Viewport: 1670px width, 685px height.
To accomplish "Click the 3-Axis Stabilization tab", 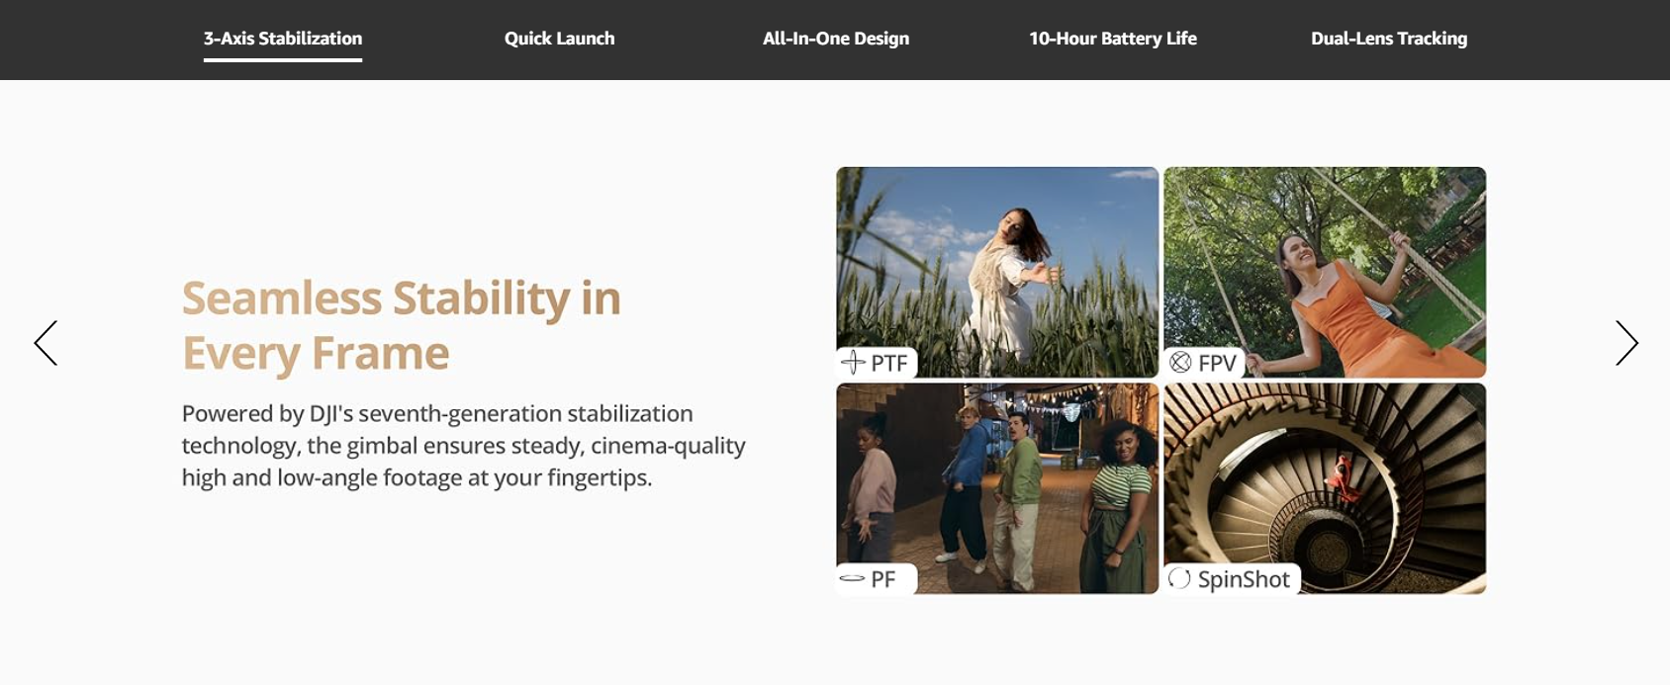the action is pyautogui.click(x=283, y=39).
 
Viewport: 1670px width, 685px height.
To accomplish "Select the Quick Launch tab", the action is pyautogui.click(x=559, y=39).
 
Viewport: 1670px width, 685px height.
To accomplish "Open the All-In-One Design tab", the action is pyautogui.click(x=836, y=39).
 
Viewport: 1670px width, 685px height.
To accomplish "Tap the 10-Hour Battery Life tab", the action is pyautogui.click(x=1112, y=39).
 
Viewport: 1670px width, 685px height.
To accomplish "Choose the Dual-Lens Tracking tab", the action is pyautogui.click(x=1389, y=39).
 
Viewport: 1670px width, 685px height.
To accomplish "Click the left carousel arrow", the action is pyautogui.click(x=46, y=343).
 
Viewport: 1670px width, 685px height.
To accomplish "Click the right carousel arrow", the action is pyautogui.click(x=1626, y=343).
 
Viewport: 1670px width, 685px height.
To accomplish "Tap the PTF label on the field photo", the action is pyautogui.click(x=876, y=363).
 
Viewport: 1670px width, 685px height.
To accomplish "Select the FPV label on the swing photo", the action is pyautogui.click(x=1203, y=363).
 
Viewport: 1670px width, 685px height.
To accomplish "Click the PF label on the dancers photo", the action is pyautogui.click(x=876, y=578).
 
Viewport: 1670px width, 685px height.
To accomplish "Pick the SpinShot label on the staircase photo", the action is pyautogui.click(x=1231, y=578).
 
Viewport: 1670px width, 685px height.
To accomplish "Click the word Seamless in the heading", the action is pyautogui.click(x=282, y=298).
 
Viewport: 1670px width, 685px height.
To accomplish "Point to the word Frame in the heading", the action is pyautogui.click(x=380, y=353).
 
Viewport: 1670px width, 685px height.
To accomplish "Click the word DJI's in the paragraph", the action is pyautogui.click(x=331, y=413).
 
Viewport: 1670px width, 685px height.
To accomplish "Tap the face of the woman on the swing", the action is pyautogui.click(x=1296, y=255).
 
